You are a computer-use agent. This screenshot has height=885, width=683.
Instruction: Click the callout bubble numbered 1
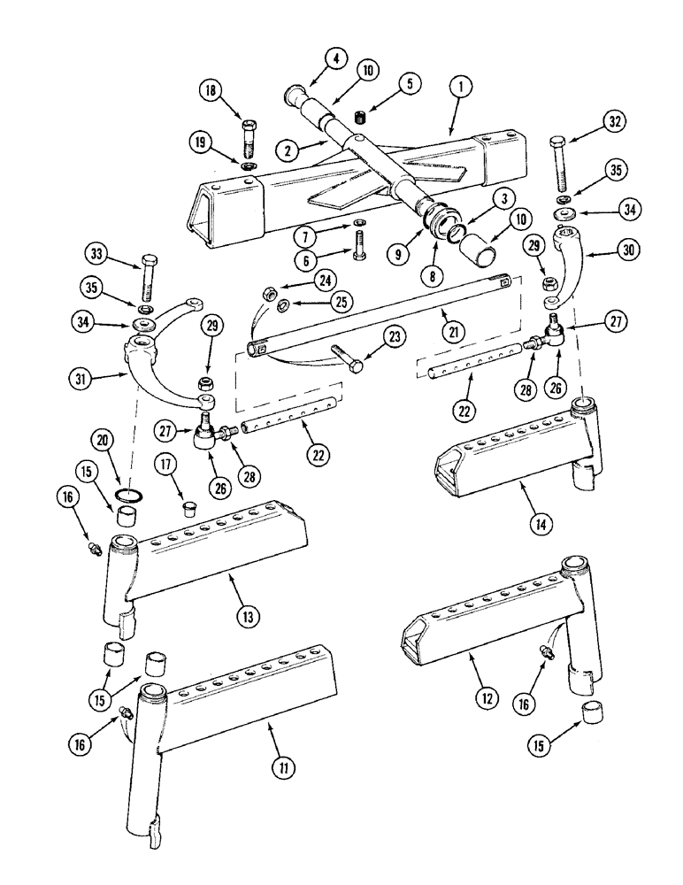pyautogui.click(x=464, y=88)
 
